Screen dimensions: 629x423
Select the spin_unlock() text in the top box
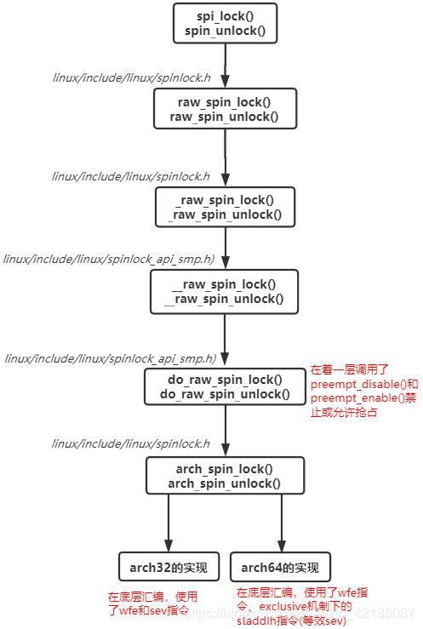tap(225, 31)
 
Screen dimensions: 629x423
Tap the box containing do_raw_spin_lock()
tap(225, 387)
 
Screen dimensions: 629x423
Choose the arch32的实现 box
tap(169, 568)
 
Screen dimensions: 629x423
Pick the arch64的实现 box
tap(280, 568)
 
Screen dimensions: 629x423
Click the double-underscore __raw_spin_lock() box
tap(225, 292)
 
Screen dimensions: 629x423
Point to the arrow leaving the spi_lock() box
tap(225, 65)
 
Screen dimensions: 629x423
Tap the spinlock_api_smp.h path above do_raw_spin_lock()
tap(110, 358)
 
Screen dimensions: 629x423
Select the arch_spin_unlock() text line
tap(225, 483)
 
